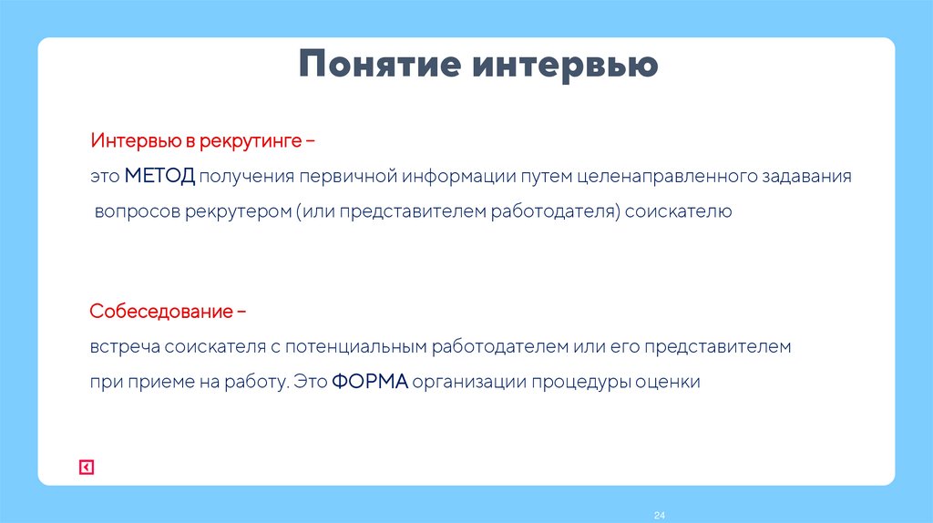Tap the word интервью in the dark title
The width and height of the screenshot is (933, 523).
(564, 67)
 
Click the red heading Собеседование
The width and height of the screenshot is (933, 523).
(161, 312)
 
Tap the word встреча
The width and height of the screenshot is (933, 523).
(120, 347)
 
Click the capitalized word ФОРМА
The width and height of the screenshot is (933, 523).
(369, 382)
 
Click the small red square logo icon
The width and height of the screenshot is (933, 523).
(87, 467)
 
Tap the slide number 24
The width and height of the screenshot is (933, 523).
(660, 516)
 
